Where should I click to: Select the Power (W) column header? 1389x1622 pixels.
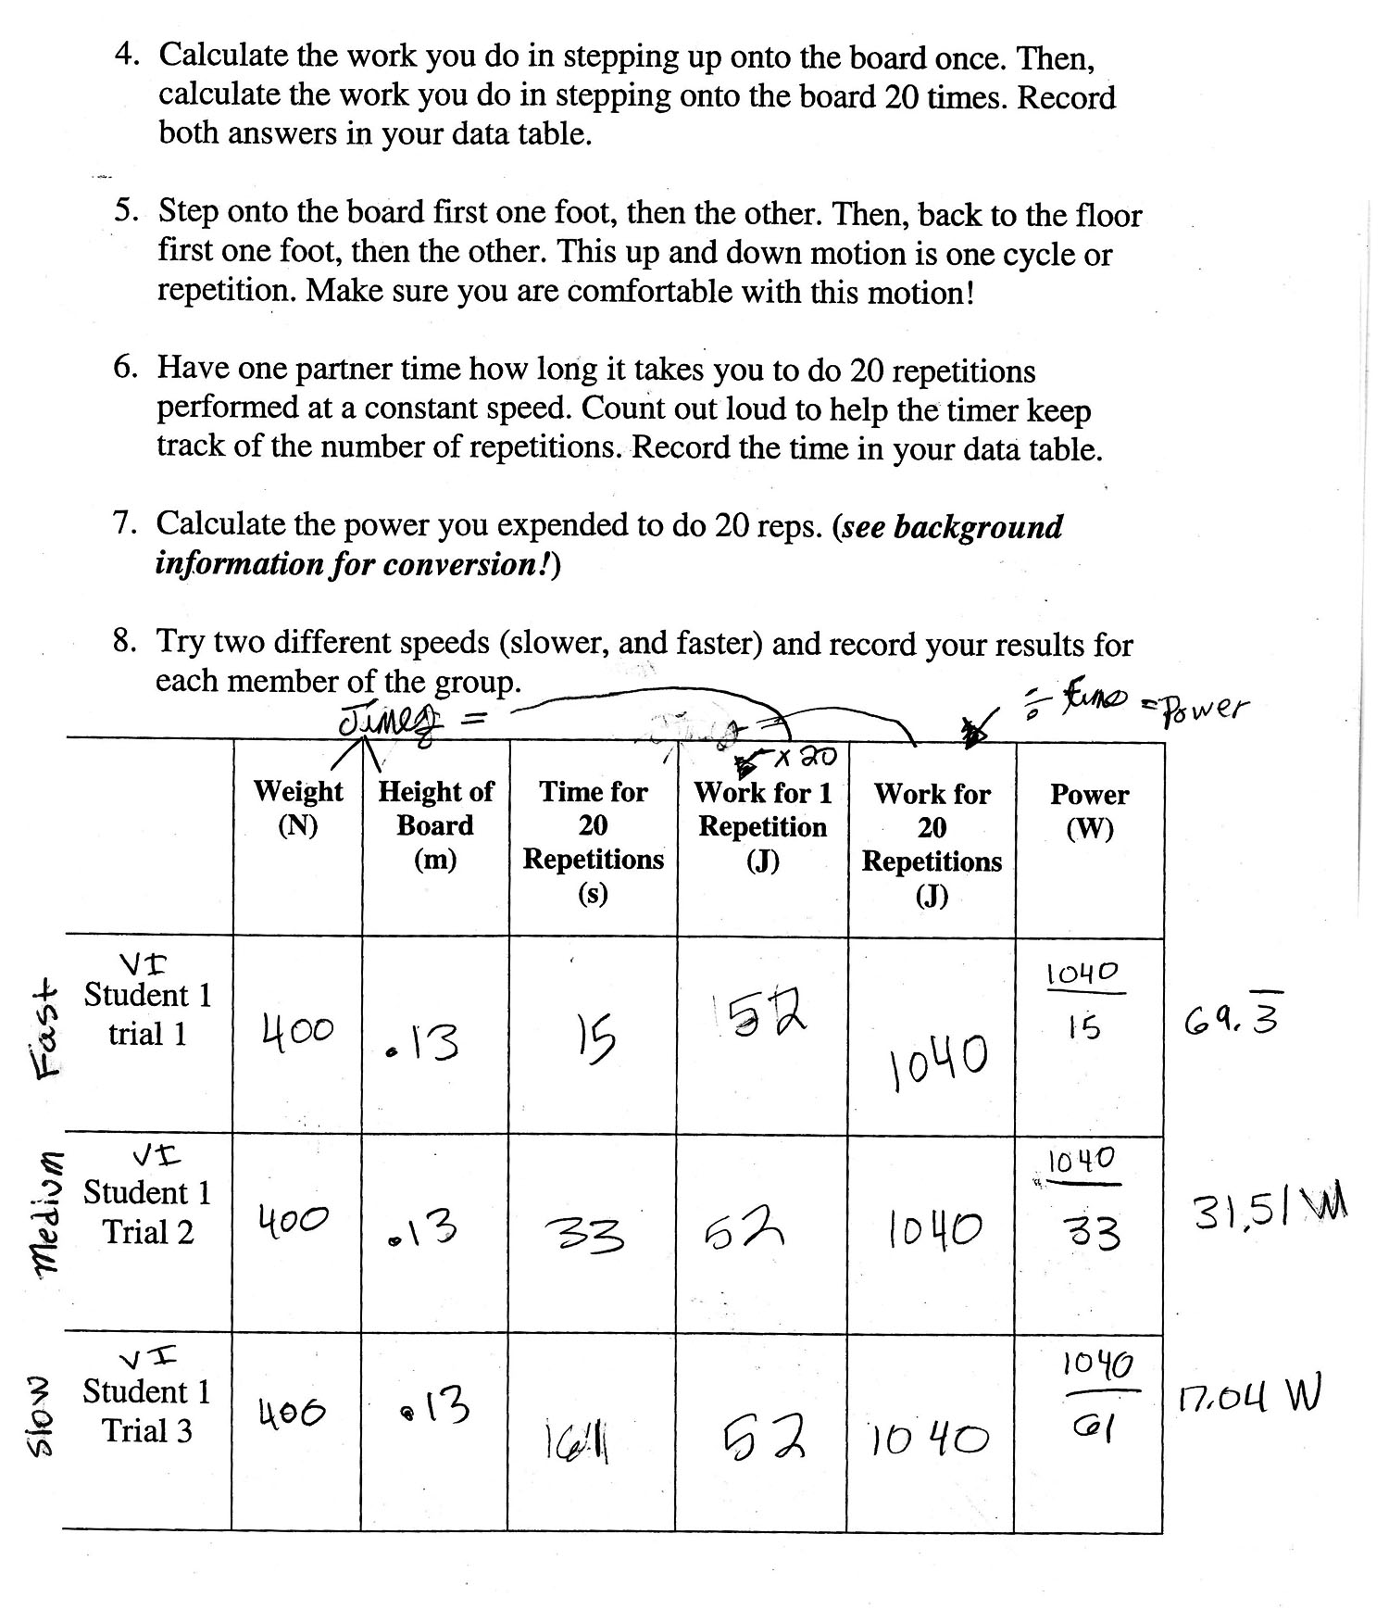pyautogui.click(x=1089, y=811)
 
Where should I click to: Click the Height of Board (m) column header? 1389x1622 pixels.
pyautogui.click(x=435, y=824)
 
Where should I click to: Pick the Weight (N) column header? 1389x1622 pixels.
pyautogui.click(x=297, y=808)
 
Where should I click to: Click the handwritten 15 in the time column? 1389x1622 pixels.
pyautogui.click(x=593, y=1039)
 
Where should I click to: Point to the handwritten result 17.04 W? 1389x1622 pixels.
pyautogui.click(x=1249, y=1396)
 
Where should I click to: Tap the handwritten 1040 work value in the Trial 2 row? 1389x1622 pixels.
pyautogui.click(x=932, y=1229)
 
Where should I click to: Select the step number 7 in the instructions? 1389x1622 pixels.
pyautogui.click(x=125, y=525)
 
